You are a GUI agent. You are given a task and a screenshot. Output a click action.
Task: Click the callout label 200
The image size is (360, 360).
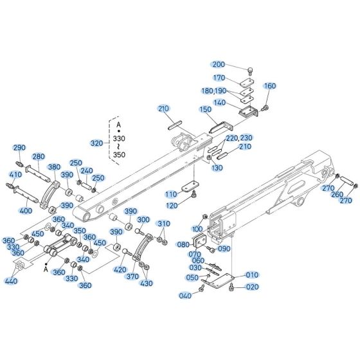[219, 64]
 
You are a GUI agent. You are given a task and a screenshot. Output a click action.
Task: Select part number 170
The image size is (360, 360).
[219, 78]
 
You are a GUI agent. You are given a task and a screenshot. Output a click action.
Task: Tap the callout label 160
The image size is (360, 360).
[269, 85]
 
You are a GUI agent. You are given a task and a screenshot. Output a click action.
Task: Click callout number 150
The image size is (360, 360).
[205, 110]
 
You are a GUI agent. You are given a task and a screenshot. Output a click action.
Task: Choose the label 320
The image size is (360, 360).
[97, 143]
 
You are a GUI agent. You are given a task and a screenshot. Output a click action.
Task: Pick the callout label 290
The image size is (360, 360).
[19, 147]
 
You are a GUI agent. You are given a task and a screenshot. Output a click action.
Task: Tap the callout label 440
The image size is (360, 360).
[11, 281]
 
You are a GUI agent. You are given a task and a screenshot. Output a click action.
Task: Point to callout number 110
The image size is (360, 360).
[170, 194]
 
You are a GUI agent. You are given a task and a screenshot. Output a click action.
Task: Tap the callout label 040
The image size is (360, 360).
[186, 295]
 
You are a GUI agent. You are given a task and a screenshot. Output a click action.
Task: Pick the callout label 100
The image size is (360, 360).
[197, 228]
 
